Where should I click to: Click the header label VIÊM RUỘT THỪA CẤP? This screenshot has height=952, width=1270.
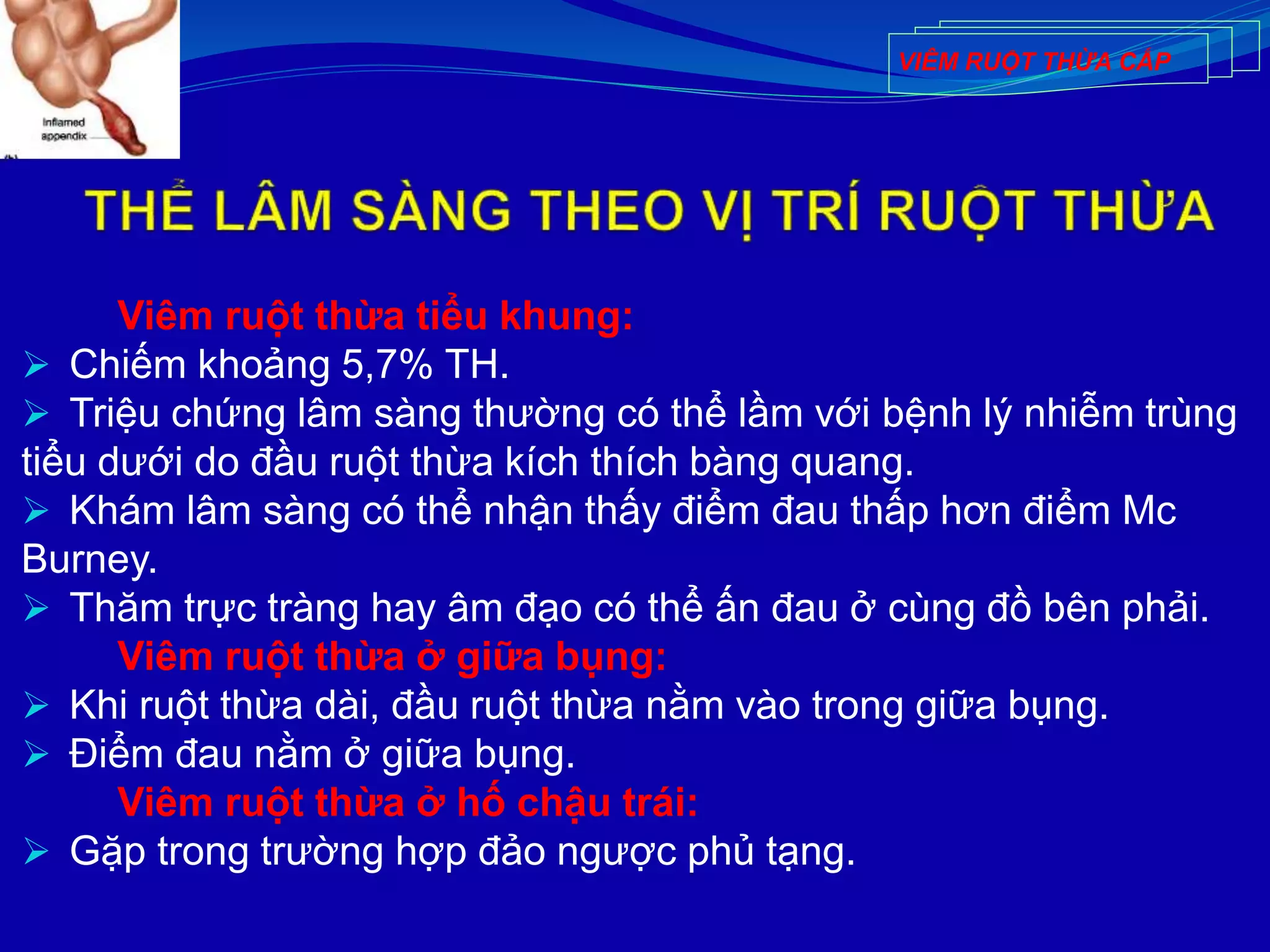coord(1034,61)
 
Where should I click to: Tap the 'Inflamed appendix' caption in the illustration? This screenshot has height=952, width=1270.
coord(63,129)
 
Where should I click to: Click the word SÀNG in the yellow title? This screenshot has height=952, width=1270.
coord(431,211)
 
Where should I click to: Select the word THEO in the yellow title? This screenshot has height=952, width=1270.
coord(609,211)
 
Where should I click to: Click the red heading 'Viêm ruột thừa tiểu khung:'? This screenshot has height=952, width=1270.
coord(375,316)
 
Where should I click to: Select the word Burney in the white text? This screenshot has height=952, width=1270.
coord(88,559)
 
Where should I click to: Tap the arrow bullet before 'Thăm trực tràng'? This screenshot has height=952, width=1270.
coord(36,608)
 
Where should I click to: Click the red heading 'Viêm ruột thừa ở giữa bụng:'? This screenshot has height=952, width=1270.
coord(392,656)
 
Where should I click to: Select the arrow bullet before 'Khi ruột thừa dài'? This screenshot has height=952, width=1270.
coord(36,705)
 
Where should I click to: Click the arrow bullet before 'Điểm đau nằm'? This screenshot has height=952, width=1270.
coord(36,754)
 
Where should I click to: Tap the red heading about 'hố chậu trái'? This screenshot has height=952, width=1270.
coord(407,803)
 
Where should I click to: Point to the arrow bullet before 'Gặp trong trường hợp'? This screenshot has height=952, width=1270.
coord(36,852)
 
